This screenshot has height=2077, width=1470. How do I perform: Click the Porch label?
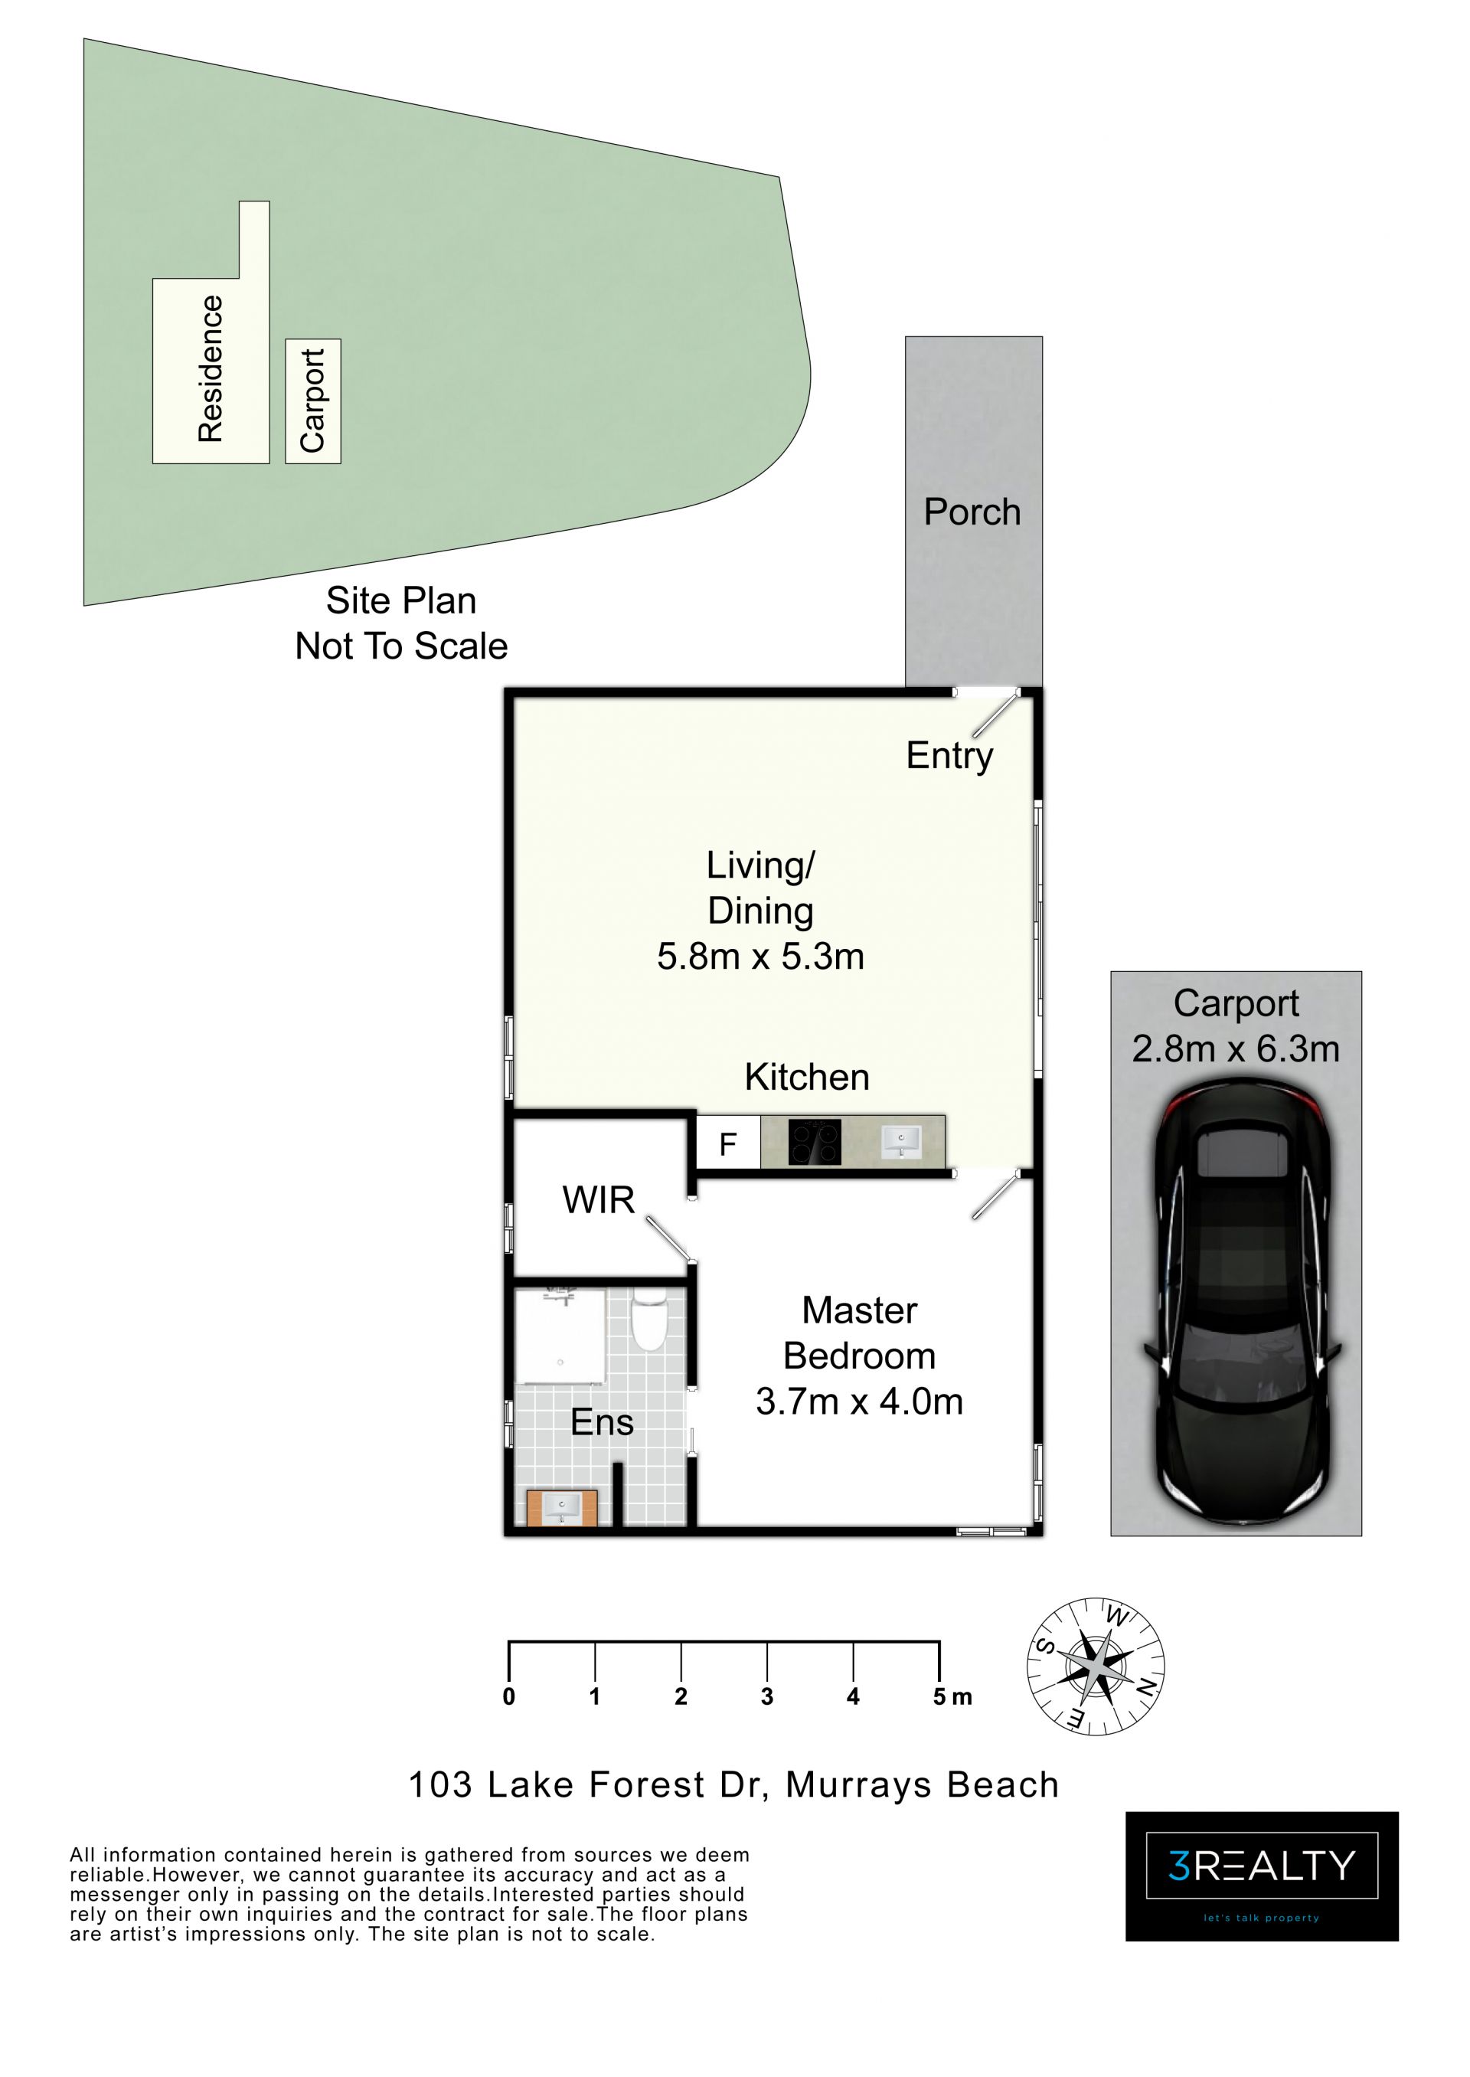(x=972, y=512)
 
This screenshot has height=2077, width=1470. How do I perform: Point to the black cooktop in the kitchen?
(x=815, y=1143)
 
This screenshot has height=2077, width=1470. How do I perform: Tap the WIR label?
(x=598, y=1201)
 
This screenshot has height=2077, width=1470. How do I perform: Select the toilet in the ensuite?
(x=648, y=1321)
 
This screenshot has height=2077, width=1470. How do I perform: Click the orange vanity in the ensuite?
(x=562, y=1507)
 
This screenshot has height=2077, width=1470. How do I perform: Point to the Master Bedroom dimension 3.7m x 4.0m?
(x=859, y=1402)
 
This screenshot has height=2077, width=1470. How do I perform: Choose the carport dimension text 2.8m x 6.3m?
(x=1236, y=1049)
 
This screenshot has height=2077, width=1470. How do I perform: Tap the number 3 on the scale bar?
(x=766, y=1696)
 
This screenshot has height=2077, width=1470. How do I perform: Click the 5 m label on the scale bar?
(x=952, y=1696)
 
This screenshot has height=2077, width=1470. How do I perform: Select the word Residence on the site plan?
(x=210, y=368)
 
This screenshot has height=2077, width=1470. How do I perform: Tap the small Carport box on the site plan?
(x=313, y=401)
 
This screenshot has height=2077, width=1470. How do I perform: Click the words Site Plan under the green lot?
(x=401, y=601)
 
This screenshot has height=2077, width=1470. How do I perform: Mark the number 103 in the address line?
(x=440, y=1785)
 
